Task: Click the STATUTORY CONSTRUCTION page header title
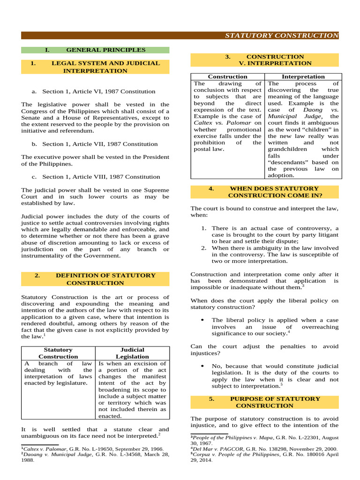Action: (281, 36)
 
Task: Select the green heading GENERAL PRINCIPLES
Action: (105, 50)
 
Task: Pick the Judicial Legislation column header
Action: (133, 353)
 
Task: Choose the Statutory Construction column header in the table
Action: (58, 353)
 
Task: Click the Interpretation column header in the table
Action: (303, 76)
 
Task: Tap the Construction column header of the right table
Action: (227, 76)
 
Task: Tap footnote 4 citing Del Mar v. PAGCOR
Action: (262, 449)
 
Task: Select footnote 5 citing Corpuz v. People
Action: (262, 457)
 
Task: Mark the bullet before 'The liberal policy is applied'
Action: (202, 320)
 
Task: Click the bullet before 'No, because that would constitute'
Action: (202, 366)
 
